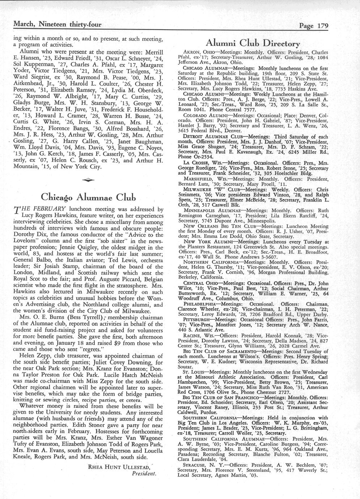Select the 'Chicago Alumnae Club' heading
point(89,197)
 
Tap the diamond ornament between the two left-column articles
point(88,180)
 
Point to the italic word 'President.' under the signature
point(144,473)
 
